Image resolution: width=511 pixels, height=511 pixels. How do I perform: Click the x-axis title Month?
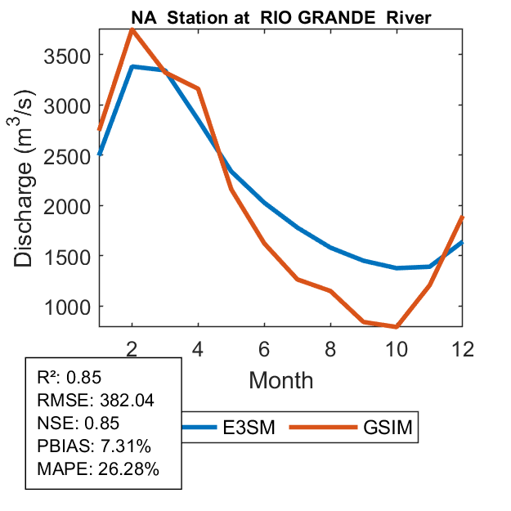[280, 379]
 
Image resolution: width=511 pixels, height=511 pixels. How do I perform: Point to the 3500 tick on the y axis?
[71, 56]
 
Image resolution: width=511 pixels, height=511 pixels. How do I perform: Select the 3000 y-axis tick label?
[71, 105]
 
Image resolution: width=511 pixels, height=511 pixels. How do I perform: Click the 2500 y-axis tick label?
[71, 156]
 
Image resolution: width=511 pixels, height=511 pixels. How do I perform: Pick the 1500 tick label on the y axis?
[71, 256]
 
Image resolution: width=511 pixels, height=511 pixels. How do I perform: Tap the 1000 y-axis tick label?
[71, 307]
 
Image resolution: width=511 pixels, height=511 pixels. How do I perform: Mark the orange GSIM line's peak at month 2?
[132, 30]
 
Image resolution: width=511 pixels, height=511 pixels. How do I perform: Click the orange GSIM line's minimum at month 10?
[397, 326]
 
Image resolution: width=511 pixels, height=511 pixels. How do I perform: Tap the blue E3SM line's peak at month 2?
[132, 67]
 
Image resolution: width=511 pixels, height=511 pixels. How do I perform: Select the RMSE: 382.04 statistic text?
[96, 401]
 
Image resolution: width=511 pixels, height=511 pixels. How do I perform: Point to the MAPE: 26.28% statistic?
[98, 469]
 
